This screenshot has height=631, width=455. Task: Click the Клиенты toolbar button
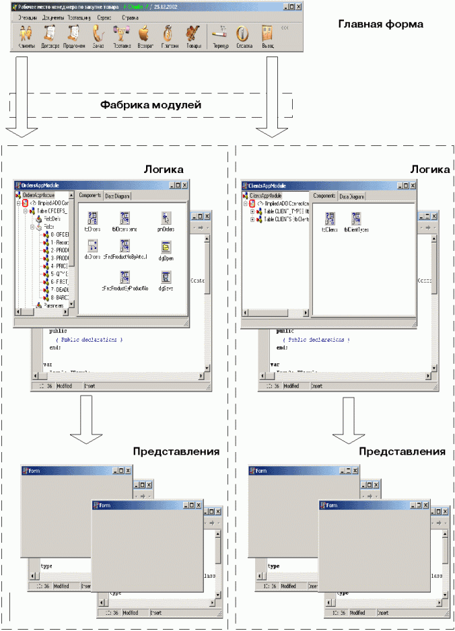coord(26,36)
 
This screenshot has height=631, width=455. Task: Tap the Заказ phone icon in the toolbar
coord(98,36)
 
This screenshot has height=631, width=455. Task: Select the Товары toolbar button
coord(193,36)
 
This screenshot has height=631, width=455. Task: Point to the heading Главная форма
coord(380,25)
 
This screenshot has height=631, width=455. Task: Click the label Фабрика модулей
coord(151,105)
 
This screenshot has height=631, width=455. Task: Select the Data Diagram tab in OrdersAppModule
coord(118,196)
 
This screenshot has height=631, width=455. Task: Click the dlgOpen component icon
coord(165,248)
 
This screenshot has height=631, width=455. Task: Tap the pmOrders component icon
coord(165,219)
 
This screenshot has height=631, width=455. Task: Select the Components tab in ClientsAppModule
coord(324,196)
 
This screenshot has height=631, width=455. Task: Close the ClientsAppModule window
coord(413,186)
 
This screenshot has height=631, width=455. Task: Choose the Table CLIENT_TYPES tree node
coord(282,211)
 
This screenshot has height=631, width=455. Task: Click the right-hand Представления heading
coord(402,452)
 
